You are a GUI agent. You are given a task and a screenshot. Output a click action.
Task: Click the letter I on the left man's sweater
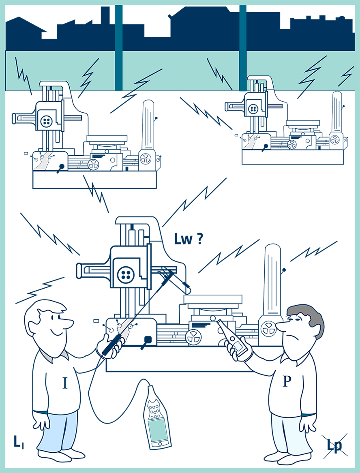pos(65,383)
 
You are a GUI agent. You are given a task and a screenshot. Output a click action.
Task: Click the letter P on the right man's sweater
pos(287,381)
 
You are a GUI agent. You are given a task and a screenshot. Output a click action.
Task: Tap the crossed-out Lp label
pos(334,445)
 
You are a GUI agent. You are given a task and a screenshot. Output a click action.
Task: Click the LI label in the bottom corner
pos(19,442)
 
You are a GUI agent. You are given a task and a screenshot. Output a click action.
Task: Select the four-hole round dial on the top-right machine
pos(253,109)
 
